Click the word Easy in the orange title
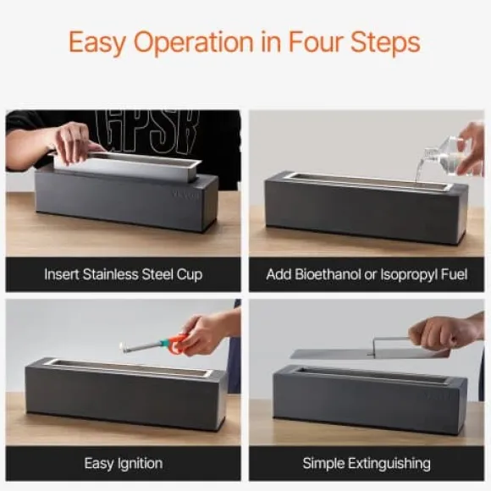click(97, 43)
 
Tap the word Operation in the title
click(194, 43)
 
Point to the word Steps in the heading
click(385, 43)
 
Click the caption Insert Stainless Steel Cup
click(124, 274)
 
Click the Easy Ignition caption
click(124, 463)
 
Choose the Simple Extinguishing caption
click(367, 463)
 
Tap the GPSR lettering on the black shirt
click(147, 131)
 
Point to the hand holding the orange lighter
click(203, 333)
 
